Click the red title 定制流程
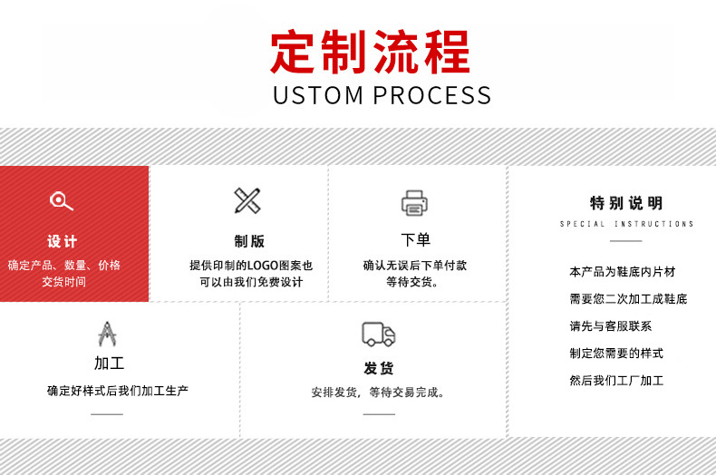371,52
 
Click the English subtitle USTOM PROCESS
382,95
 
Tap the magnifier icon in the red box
61,201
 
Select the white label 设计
63,241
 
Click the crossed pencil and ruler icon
247,200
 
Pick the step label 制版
249,241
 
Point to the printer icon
414,202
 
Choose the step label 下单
415,240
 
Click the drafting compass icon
107,334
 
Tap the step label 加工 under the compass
109,364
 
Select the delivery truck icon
378,334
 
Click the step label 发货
379,368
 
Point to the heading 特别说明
626,203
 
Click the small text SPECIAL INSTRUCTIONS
626,224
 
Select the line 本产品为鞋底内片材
622,272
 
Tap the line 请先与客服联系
610,326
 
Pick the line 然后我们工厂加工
616,381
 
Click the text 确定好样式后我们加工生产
118,391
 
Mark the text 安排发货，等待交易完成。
378,393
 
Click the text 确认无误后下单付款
415,266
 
